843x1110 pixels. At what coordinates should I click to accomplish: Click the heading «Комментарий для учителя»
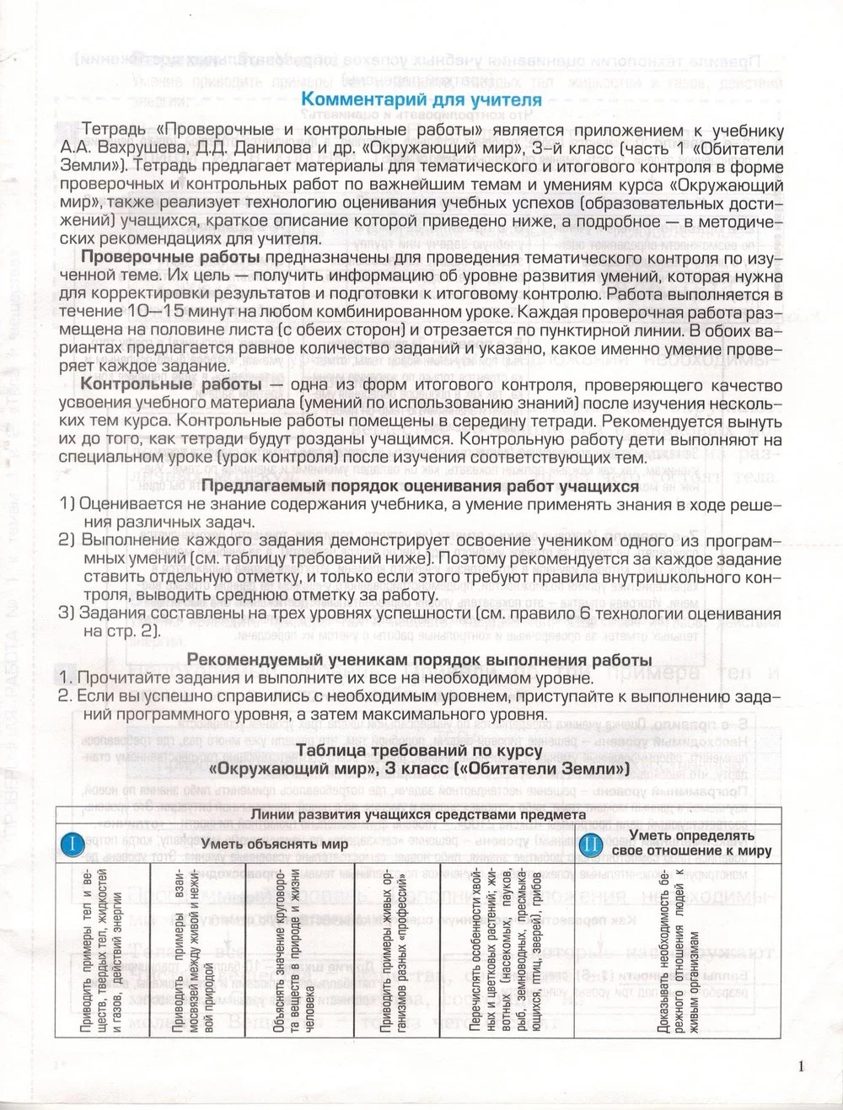[x=421, y=99]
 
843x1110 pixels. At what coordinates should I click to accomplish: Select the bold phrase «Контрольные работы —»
[x=182, y=385]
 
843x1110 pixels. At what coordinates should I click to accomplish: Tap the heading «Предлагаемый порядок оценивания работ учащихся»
[x=420, y=486]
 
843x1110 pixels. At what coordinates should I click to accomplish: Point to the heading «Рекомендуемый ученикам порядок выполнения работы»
[x=419, y=659]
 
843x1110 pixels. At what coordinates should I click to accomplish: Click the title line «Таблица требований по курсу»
[x=419, y=750]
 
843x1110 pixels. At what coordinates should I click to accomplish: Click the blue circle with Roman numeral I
[x=72, y=843]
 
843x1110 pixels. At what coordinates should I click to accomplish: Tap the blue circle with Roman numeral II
[x=591, y=843]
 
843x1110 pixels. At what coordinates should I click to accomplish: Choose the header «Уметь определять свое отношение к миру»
[x=691, y=843]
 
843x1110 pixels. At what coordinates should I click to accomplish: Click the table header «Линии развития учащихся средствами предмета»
[x=418, y=814]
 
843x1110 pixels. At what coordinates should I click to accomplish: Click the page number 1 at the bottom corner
[x=801, y=1066]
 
